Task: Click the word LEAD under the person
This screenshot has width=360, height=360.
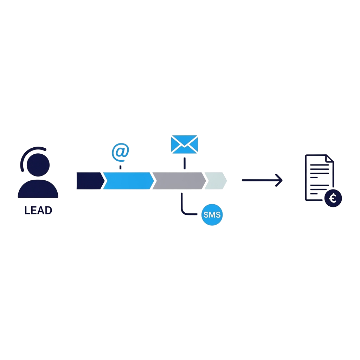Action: pyautogui.click(x=38, y=211)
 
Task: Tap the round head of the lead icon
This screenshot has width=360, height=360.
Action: pyautogui.click(x=38, y=165)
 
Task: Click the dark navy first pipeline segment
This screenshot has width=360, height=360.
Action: pyautogui.click(x=89, y=181)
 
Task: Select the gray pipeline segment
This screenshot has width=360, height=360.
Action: pyautogui.click(x=179, y=181)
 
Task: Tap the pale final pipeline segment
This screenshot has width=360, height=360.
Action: pyautogui.click(x=215, y=181)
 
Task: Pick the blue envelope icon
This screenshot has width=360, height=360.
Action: pyautogui.click(x=184, y=144)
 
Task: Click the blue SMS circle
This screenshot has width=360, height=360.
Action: pyautogui.click(x=212, y=215)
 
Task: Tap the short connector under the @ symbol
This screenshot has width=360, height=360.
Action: pyautogui.click(x=120, y=167)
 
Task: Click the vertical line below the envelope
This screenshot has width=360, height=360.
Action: pyautogui.click(x=184, y=163)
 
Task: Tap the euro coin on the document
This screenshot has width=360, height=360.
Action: pyautogui.click(x=333, y=199)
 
